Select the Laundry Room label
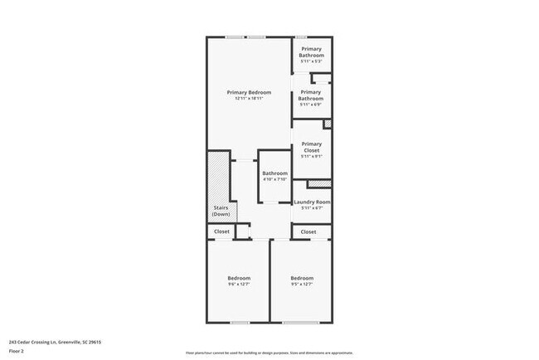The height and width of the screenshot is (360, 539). (312, 202)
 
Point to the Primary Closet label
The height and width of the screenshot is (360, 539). (311, 147)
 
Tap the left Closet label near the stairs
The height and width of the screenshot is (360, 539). (221, 232)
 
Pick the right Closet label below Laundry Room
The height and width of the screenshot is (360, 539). (308, 232)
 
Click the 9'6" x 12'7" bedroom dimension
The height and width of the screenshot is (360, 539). (239, 285)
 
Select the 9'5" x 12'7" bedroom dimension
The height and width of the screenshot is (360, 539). (302, 285)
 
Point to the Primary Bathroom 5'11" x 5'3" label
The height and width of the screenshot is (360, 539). (311, 52)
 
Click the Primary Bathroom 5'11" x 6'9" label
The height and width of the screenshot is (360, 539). (311, 95)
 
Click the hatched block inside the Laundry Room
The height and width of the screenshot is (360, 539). (318, 184)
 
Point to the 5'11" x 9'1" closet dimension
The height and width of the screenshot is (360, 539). (311, 156)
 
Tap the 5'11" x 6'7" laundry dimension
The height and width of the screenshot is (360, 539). (312, 208)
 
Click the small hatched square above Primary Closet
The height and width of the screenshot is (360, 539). (327, 124)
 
